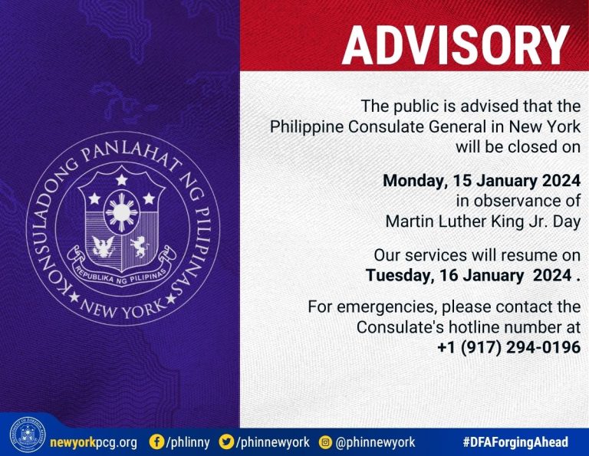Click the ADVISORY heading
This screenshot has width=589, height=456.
[456, 46]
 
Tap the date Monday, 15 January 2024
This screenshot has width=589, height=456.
[482, 181]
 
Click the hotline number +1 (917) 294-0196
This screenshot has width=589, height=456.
[509, 347]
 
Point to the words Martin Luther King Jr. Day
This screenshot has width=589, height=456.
[483, 221]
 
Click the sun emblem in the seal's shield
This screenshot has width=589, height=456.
[121, 212]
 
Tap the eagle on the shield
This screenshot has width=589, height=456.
[104, 247]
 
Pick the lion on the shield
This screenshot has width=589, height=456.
[140, 247]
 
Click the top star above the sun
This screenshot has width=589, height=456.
[121, 180]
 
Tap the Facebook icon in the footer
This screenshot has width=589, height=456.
[156, 441]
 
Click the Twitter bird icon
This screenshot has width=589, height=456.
[226, 441]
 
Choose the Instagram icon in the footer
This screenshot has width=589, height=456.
[325, 442]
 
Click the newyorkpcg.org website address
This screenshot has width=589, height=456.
[94, 442]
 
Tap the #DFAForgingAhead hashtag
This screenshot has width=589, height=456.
[515, 442]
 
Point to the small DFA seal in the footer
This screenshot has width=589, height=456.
[28, 435]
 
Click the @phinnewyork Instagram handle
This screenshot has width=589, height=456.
[375, 442]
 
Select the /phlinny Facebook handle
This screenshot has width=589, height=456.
[187, 442]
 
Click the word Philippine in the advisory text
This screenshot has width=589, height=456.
[307, 127]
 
